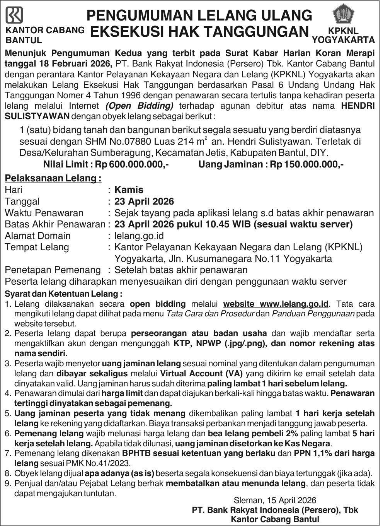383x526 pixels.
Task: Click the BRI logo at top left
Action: [x=14, y=15]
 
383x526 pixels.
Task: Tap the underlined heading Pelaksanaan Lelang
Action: [x=53, y=178]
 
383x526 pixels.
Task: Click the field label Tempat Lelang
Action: [x=37, y=247]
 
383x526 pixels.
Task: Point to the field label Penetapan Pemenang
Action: [x=53, y=270]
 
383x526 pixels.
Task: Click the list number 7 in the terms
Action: [x=8, y=453]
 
